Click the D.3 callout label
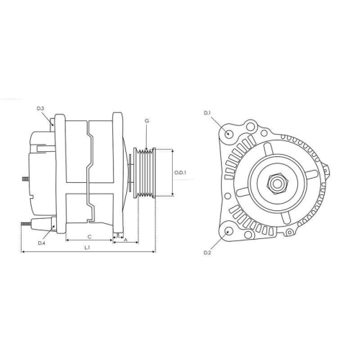pos(41,108)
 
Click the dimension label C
pos(89,235)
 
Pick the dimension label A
pos(126,240)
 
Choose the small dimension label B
pos(117,235)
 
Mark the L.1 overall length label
pos(87,248)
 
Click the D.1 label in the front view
pos(207,113)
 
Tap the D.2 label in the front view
pos(207,253)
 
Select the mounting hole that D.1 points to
pos(229,134)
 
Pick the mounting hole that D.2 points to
pos(229,232)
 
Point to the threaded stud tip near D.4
pos(24,224)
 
